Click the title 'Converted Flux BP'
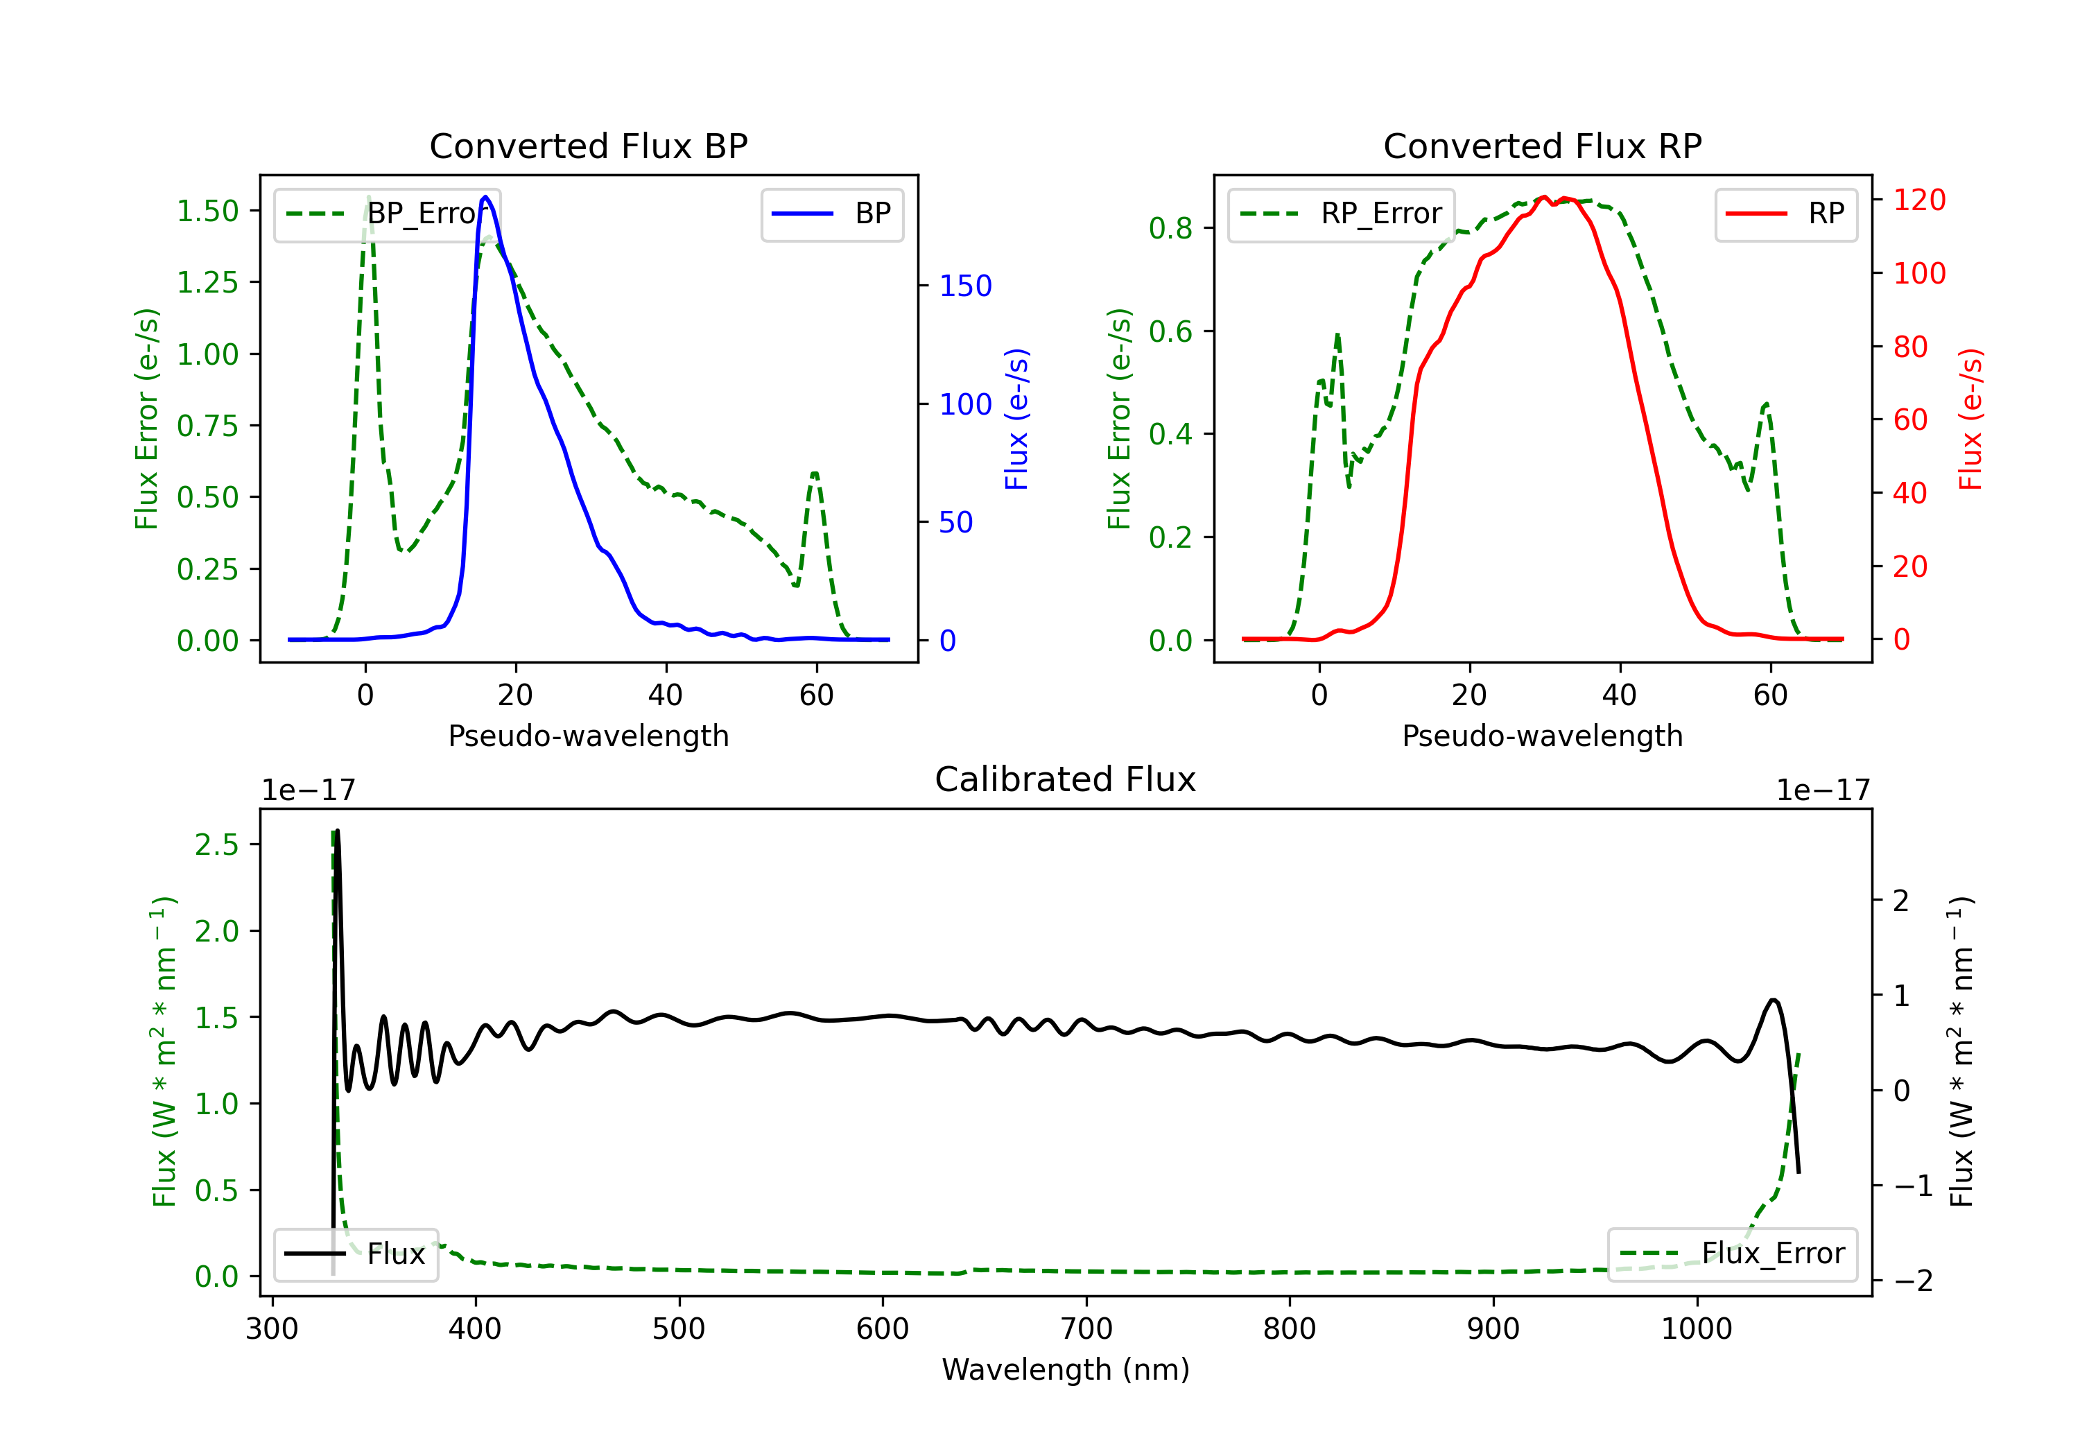click(588, 146)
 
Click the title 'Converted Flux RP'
click(1542, 146)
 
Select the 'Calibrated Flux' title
click(1066, 779)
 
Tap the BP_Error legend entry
click(388, 214)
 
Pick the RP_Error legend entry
click(1341, 214)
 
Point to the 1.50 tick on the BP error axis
click(207, 211)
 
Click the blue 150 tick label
click(965, 286)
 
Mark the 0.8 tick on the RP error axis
click(1170, 228)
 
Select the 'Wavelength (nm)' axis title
click(1066, 1369)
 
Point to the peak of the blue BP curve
click(485, 197)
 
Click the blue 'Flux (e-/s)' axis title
click(1016, 419)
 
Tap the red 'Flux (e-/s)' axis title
click(1970, 419)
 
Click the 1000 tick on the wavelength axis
click(1696, 1329)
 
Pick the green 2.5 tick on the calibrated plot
click(216, 844)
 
